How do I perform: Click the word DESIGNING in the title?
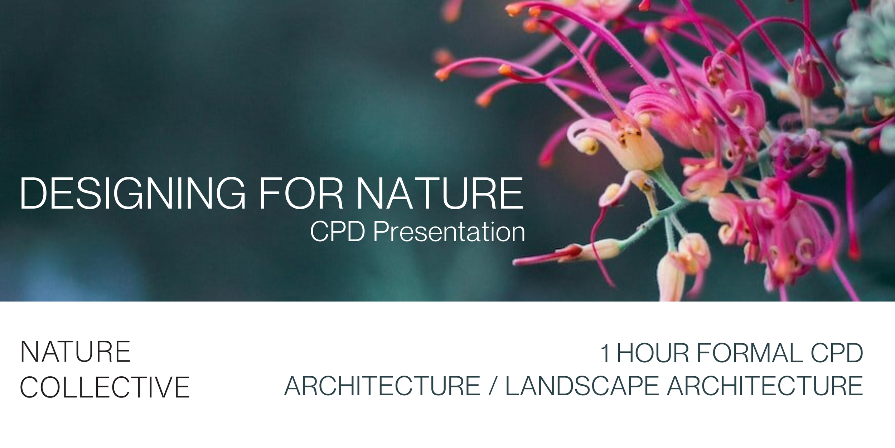pos(132,194)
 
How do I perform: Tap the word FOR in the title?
pos(301,194)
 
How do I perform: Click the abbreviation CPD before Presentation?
pos(337,232)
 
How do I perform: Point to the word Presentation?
pos(449,232)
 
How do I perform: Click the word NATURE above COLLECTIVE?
pos(75,352)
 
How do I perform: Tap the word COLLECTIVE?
pos(105,388)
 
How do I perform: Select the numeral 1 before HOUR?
pos(605,353)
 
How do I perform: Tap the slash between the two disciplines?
pos(492,386)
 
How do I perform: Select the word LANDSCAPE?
pos(582,386)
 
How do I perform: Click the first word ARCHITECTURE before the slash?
pos(382,386)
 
